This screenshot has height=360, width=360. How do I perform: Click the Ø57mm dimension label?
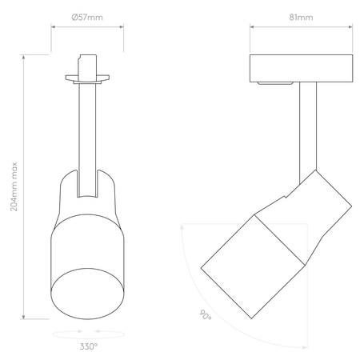(88, 17)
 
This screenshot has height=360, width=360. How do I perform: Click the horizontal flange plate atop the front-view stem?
(88, 78)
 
